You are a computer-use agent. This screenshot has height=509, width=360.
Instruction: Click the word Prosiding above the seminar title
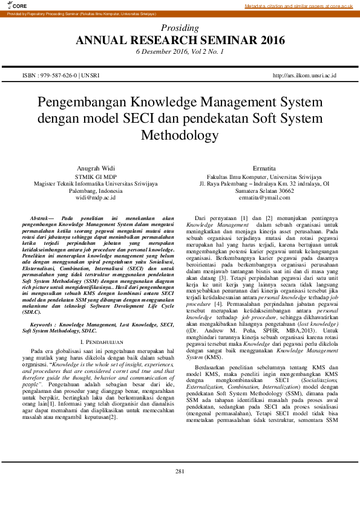[x=180, y=28]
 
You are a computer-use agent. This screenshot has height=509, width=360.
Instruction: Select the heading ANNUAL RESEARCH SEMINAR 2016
[x=180, y=41]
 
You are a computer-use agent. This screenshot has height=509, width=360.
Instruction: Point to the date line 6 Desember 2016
[x=180, y=52]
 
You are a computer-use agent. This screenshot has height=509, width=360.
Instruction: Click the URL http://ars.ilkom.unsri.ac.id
[x=304, y=76]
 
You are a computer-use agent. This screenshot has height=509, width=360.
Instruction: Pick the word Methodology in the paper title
[x=180, y=135]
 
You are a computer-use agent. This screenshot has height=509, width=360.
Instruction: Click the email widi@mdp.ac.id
[x=96, y=197]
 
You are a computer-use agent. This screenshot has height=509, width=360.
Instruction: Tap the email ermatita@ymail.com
[x=264, y=197]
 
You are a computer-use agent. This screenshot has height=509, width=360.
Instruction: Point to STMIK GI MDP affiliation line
[x=96, y=175]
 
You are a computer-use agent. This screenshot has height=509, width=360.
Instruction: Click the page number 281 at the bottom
[x=180, y=488]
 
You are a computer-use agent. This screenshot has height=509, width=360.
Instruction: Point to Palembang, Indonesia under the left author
[x=96, y=190]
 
